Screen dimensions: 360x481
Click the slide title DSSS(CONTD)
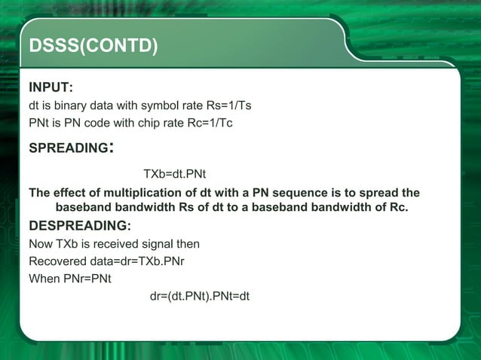(x=93, y=47)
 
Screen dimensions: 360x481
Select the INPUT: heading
(x=51, y=87)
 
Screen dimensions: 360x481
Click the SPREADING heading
(x=68, y=148)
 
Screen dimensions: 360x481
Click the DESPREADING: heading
(x=79, y=226)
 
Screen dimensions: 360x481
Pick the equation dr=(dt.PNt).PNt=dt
(x=200, y=296)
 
